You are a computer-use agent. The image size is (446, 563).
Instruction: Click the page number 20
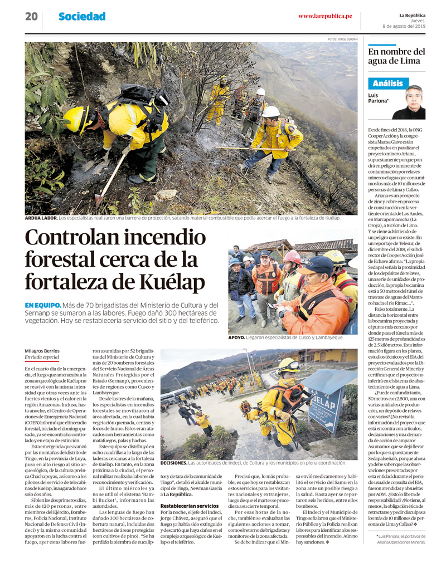[x=31, y=17]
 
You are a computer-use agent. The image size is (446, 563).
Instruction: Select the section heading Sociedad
[x=82, y=17]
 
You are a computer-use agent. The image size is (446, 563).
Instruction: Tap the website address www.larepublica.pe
[x=325, y=16]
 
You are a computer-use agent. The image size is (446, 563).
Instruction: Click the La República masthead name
[x=412, y=15]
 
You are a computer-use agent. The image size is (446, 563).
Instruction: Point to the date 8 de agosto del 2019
[x=404, y=26]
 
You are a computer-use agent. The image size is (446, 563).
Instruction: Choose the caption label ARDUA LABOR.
[x=41, y=218]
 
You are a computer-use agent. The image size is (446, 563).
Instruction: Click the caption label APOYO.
[x=237, y=337]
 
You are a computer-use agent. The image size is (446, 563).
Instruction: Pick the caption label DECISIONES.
[x=173, y=463]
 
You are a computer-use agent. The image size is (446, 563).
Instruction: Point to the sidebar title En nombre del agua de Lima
[x=396, y=56]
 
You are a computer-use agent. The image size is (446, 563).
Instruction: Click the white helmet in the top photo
[x=272, y=111]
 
